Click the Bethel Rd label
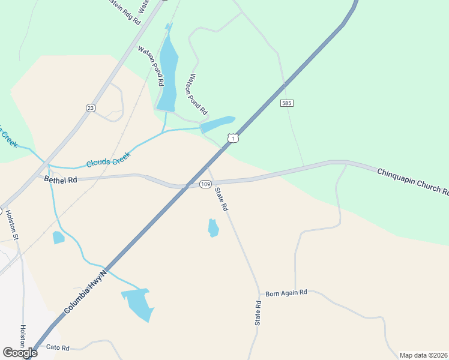point(61,180)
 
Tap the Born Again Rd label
point(286,292)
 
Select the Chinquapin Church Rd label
point(412,182)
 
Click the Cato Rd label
point(58,347)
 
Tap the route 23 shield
point(91,107)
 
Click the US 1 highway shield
point(233,138)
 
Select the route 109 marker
point(205,184)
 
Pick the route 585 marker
point(287,104)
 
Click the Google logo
point(20,353)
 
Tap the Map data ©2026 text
point(423,355)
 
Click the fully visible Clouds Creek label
point(108,159)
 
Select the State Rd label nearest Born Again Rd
point(258,313)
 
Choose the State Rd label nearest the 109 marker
point(221,199)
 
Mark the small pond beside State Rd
point(213,228)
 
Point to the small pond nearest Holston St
point(58,238)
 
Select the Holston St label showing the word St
point(12,223)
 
